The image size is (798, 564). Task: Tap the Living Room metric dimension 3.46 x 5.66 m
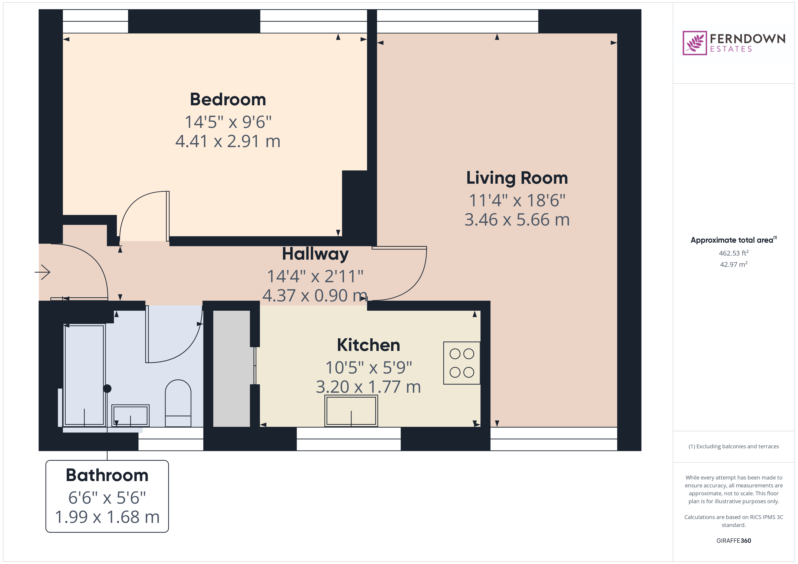click(x=517, y=219)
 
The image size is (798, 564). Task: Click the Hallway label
click(x=315, y=254)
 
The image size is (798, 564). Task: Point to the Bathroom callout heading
click(x=107, y=475)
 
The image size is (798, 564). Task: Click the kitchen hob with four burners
click(x=462, y=363)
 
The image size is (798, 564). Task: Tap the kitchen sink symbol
click(x=351, y=411)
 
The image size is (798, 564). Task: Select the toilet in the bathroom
click(x=178, y=403)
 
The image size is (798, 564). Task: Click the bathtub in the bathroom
click(x=84, y=375)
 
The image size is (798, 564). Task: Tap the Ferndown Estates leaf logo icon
click(x=694, y=43)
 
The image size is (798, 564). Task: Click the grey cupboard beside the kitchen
click(x=231, y=369)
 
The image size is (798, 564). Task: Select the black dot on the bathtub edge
click(x=107, y=389)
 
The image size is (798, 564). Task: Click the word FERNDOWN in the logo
click(x=748, y=39)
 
